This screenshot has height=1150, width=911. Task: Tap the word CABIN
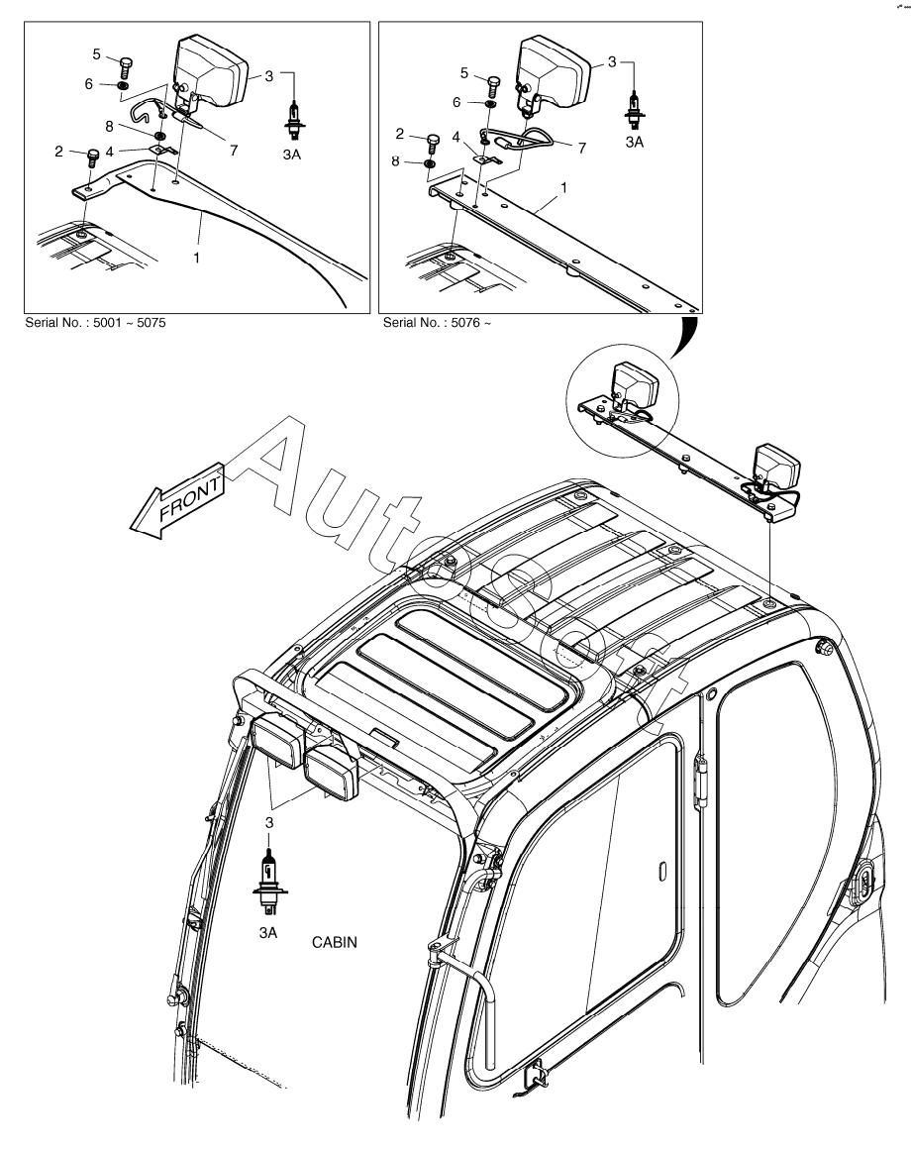click(335, 942)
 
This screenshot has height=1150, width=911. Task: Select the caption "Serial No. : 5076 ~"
click(437, 323)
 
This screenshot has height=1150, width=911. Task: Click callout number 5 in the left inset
click(97, 53)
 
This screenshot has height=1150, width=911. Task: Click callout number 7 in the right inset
click(582, 148)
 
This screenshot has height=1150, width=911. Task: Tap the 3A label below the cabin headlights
click(267, 932)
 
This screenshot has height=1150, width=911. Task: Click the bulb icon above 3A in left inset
click(293, 117)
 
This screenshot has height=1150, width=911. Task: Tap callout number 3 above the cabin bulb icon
click(267, 822)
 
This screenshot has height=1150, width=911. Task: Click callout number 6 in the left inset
click(89, 85)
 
